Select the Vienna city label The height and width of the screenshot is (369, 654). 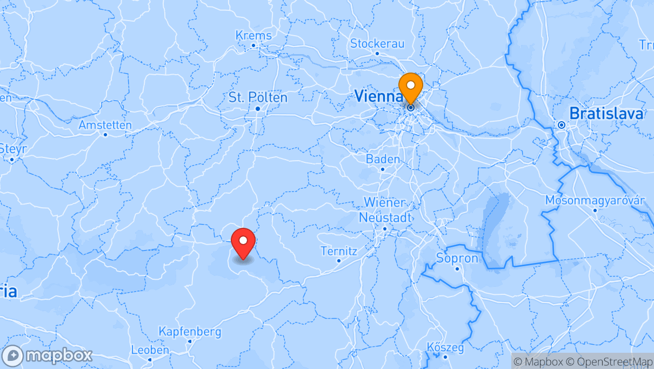point(378,96)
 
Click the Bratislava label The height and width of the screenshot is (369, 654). point(607,114)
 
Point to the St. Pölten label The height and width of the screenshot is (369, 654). point(258,97)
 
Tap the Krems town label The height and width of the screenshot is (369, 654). point(253,35)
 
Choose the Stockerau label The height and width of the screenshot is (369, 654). point(377,43)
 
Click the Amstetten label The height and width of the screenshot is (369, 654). point(105,125)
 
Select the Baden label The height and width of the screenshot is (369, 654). point(383,159)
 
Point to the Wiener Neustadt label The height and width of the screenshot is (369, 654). point(384,210)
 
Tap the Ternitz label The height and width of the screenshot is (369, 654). point(339,251)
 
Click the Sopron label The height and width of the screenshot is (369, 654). point(457,258)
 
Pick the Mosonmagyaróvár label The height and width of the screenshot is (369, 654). point(595,200)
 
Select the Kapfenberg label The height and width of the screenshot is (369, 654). point(190,331)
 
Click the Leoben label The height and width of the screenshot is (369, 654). point(150,350)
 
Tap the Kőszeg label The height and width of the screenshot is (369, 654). point(445,347)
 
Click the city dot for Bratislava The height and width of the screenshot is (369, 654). point(562,125)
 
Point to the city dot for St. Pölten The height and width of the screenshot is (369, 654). point(258,108)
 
